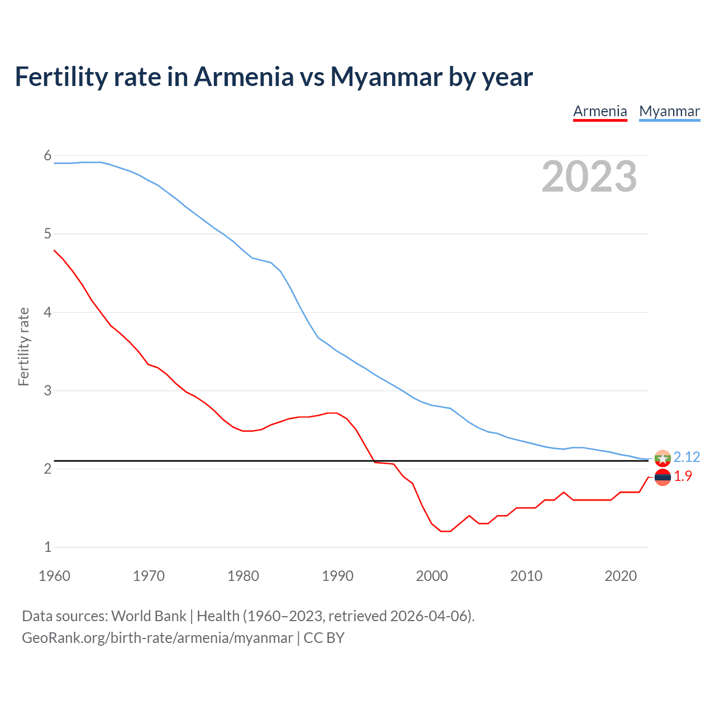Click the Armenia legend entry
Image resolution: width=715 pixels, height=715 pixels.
600,111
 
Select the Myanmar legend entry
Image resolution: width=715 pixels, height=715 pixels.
669,111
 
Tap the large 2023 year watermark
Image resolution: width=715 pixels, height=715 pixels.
589,177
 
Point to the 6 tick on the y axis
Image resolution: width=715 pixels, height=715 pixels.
47,155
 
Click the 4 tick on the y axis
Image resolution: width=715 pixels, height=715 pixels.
47,312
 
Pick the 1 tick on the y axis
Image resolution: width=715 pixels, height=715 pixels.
47,547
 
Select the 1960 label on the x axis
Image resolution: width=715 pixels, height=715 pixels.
54,576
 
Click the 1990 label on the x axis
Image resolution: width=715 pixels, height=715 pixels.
337,576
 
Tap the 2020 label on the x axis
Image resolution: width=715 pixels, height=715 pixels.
621,576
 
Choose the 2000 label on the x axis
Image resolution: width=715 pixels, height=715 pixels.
432,576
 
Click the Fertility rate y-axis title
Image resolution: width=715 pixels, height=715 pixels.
23,346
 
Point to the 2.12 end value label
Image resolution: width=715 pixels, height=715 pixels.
687,457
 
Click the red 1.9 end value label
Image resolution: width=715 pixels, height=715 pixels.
683,476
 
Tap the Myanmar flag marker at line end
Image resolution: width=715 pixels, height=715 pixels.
662,458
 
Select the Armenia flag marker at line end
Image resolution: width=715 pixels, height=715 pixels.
662,477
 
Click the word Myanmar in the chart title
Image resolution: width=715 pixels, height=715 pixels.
386,77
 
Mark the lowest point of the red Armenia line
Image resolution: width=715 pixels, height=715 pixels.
445,531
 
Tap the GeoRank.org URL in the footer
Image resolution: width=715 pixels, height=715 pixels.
157,638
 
